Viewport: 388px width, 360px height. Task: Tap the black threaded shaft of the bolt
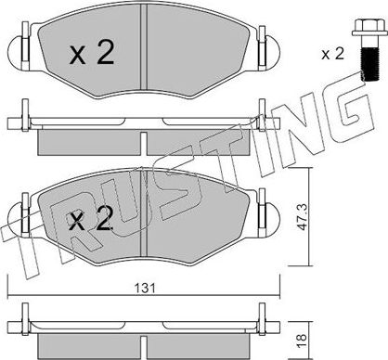pos(369,64)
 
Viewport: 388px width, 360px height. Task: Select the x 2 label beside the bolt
pos(332,55)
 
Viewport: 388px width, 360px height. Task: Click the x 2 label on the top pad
pos(92,53)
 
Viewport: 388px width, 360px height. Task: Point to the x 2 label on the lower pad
pos(90,219)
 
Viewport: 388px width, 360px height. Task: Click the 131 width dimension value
pos(144,288)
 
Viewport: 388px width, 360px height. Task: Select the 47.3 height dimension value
pos(302,216)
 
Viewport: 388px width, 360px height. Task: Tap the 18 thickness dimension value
pos(302,341)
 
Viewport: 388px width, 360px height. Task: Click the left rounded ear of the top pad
pos(18,53)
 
